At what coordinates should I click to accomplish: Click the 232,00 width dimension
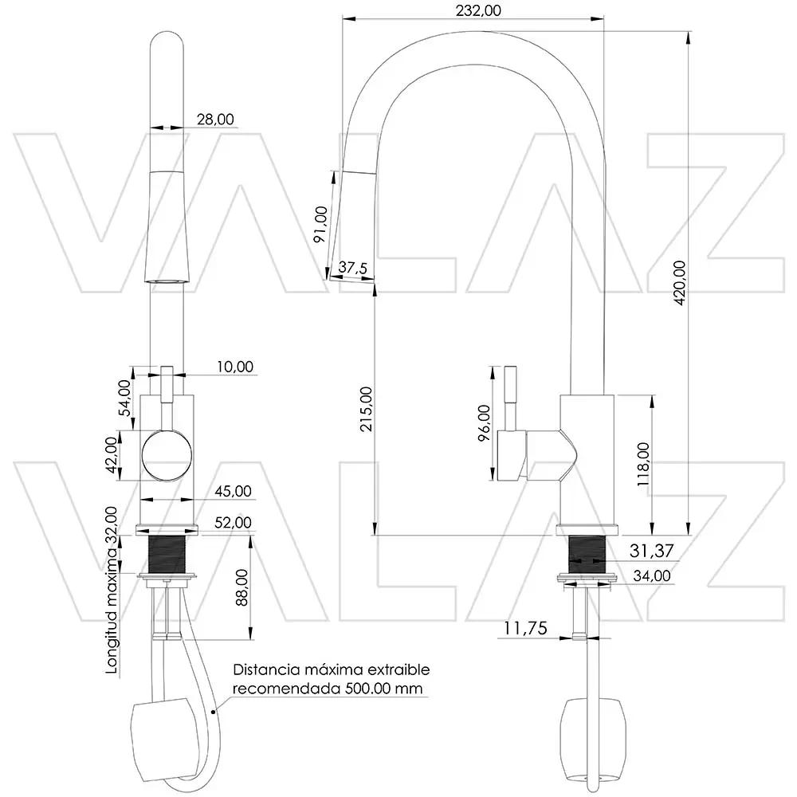[x=478, y=10]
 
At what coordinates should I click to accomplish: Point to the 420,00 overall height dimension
[x=680, y=283]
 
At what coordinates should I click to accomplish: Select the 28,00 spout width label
[x=215, y=119]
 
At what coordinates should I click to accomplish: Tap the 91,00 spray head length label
[x=320, y=224]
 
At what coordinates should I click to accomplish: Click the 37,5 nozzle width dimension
[x=353, y=267]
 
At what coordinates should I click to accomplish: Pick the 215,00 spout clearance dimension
[x=366, y=409]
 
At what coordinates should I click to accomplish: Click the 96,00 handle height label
[x=484, y=422]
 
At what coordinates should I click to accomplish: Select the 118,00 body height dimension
[x=643, y=464]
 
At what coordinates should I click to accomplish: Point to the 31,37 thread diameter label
[x=651, y=551]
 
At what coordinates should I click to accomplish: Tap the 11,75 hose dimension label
[x=525, y=628]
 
